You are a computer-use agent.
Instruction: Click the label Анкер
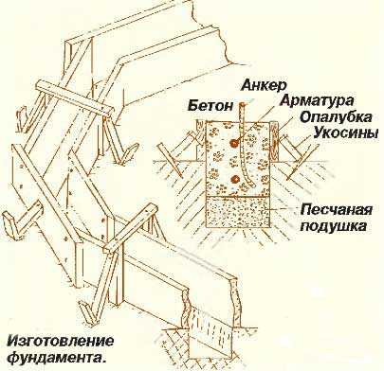(264, 85)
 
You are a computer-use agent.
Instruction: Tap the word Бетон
(210, 106)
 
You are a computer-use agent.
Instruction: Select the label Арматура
(317, 101)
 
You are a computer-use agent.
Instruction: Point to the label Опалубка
(336, 117)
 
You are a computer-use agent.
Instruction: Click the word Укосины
(346, 132)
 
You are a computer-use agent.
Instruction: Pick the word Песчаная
(337, 210)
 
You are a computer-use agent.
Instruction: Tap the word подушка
(334, 226)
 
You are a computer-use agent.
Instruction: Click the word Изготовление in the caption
(60, 342)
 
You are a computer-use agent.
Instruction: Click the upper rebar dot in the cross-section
(234, 143)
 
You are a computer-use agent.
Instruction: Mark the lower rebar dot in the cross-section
(234, 180)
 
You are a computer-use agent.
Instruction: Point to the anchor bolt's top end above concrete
(242, 104)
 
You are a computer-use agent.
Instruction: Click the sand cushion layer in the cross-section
(239, 211)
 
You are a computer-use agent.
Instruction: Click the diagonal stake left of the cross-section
(170, 160)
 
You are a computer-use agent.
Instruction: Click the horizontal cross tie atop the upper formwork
(74, 98)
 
